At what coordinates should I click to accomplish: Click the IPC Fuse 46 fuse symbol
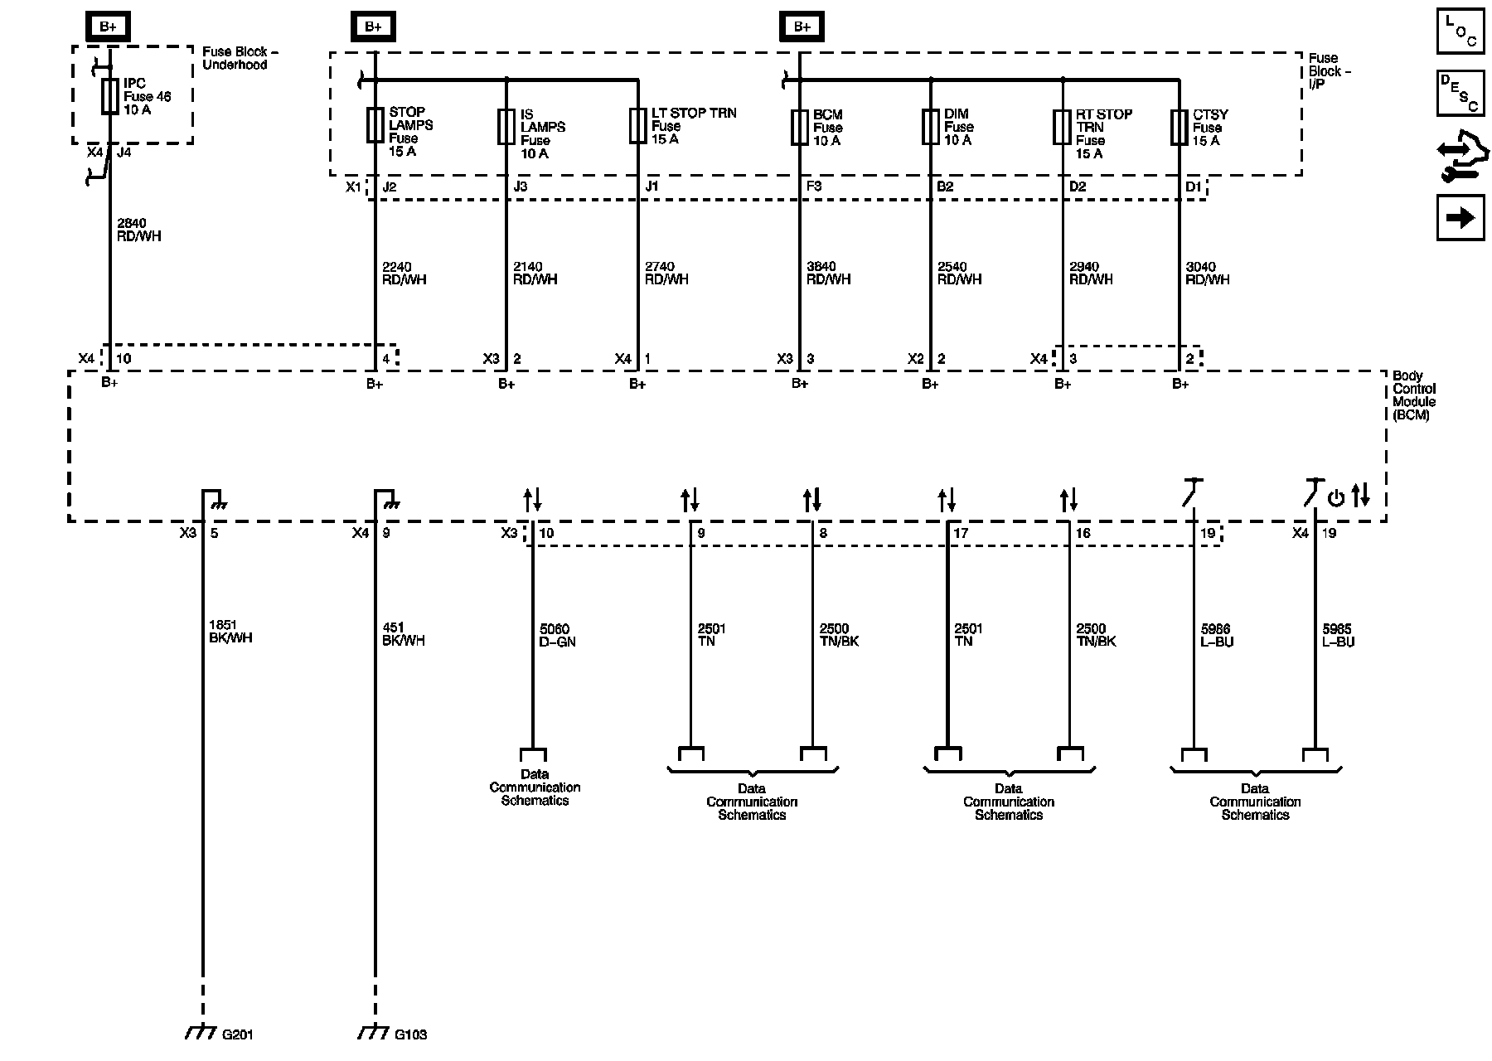coord(109,97)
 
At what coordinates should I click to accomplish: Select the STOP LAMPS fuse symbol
coord(375,126)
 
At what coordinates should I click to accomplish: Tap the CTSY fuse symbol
coord(1179,128)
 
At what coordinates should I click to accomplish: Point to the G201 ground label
coord(236,1034)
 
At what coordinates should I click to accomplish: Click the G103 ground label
coord(410,1034)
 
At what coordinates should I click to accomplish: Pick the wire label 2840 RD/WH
coord(139,230)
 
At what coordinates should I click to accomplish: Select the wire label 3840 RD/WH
coord(828,273)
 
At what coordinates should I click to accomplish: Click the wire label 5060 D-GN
coord(557,635)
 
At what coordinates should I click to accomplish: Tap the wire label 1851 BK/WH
coord(230,632)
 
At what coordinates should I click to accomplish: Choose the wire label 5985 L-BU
coord(1338,635)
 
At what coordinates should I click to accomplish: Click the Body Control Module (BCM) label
coord(1414,395)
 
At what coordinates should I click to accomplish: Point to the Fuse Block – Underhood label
coord(240,58)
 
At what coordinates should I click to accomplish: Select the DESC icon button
coord(1461,93)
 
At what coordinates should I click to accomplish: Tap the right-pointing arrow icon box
coord(1461,218)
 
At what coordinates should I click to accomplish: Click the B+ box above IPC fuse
coord(108,27)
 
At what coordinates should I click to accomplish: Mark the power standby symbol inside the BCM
coord(1335,498)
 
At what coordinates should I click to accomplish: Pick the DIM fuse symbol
coord(930,127)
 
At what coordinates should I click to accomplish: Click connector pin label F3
coord(814,187)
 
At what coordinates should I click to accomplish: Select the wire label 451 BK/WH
coord(403,634)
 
